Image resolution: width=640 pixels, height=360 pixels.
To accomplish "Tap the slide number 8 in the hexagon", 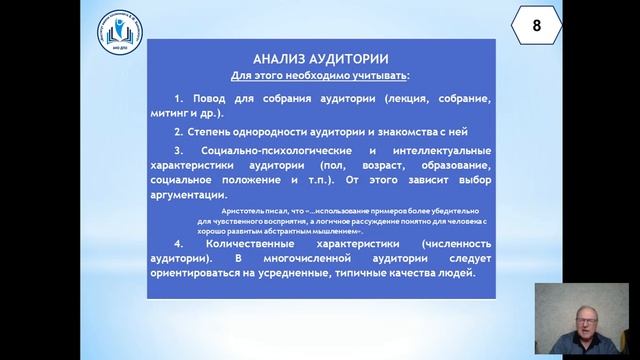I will coord(535,27).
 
